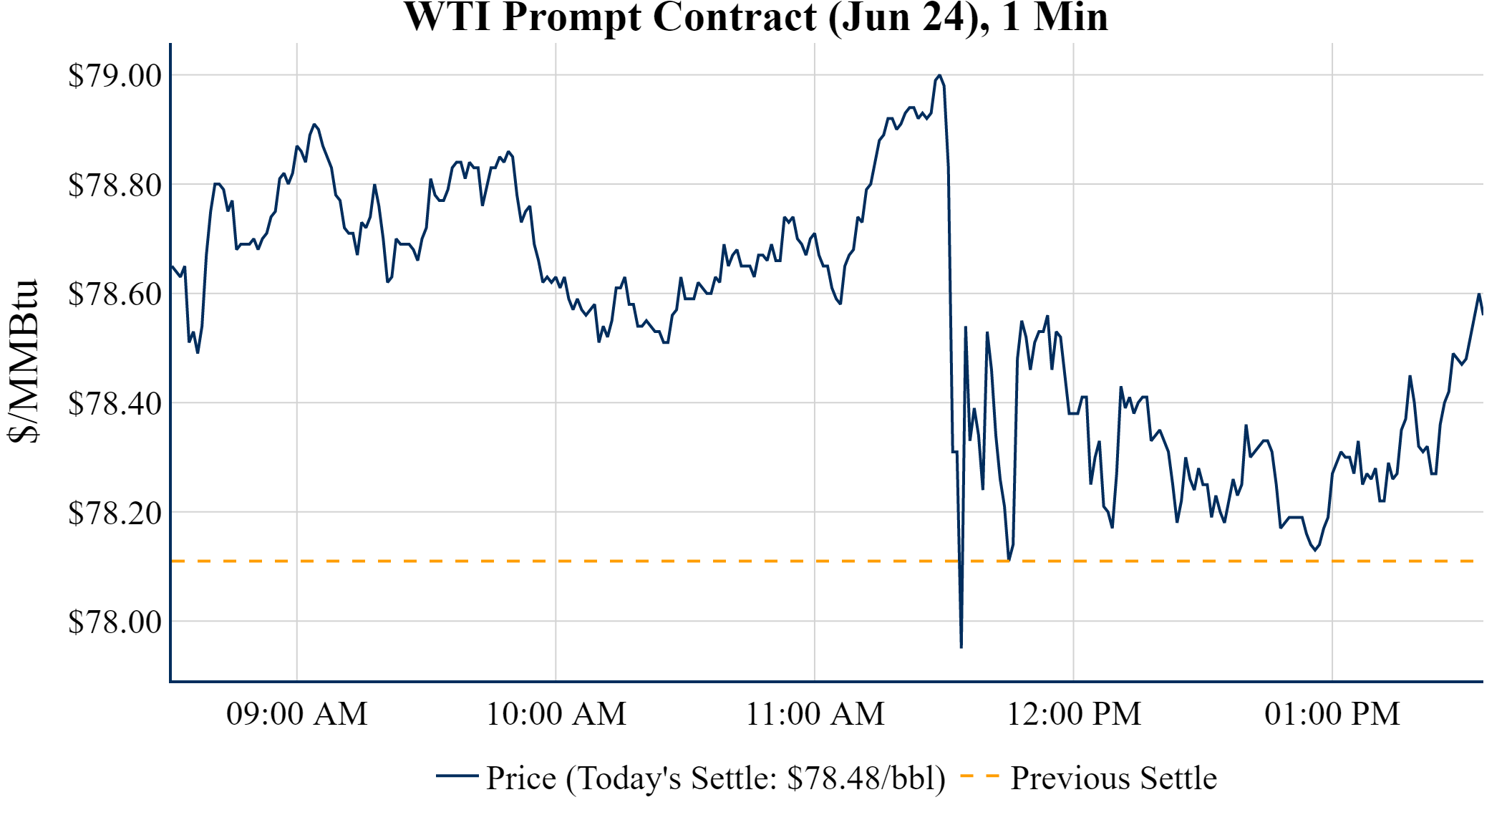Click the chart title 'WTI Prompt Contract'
coord(756,17)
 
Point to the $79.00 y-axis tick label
coord(115,76)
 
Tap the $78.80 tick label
coord(115,185)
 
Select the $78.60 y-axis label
coord(115,294)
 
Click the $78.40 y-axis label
coord(115,404)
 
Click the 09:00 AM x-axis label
coord(297,714)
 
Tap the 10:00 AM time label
coord(556,714)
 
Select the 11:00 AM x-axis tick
coord(815,714)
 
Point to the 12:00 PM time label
coord(1074,714)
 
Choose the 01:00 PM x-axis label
coord(1332,714)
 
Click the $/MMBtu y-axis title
coord(24,362)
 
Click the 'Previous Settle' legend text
coord(1113,778)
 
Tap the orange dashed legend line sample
coord(979,776)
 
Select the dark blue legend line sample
coord(457,776)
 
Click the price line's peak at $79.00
coord(939,75)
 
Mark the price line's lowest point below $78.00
coord(961,647)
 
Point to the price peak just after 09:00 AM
coord(314,125)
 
